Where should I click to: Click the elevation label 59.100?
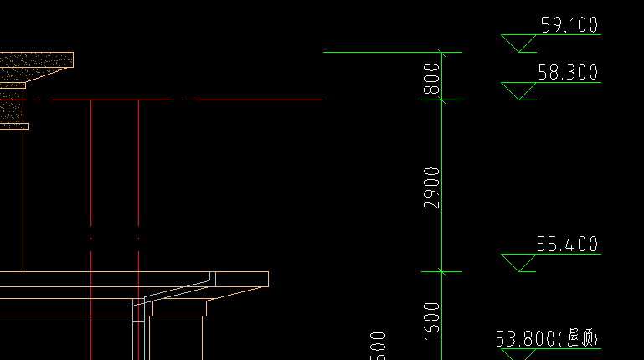pyautogui.click(x=569, y=25)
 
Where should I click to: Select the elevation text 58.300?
pyautogui.click(x=567, y=73)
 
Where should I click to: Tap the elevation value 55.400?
pyautogui.click(x=567, y=244)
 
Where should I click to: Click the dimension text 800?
pyautogui.click(x=432, y=77)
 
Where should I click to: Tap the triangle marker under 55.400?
pyautogui.click(x=519, y=262)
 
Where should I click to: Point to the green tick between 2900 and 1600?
pyautogui.click(x=442, y=270)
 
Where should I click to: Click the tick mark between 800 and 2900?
pyautogui.click(x=442, y=100)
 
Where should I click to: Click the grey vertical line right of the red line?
pyautogui.click(x=138, y=184)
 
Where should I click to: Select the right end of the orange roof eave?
pyautogui.click(x=265, y=279)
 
